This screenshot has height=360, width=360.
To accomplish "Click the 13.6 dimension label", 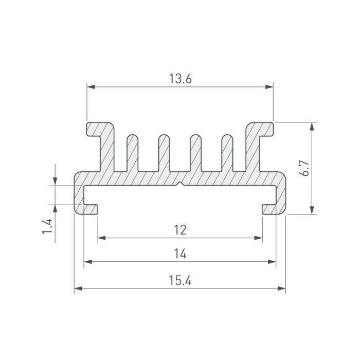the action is [180, 79].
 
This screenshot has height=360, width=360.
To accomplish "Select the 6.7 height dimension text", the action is [305, 168].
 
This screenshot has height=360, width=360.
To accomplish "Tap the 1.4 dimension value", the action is [47, 226].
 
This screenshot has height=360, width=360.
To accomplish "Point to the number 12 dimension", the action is [180, 230].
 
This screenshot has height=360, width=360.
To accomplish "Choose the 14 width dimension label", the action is [180, 254].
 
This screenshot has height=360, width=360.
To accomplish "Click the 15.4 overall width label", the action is [180, 280].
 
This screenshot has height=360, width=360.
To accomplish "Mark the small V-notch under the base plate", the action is [181, 184].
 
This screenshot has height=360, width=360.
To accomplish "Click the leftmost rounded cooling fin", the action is [133, 153].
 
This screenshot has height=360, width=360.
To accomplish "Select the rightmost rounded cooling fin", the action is [227, 153].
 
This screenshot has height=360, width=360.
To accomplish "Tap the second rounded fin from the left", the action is [164, 153].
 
